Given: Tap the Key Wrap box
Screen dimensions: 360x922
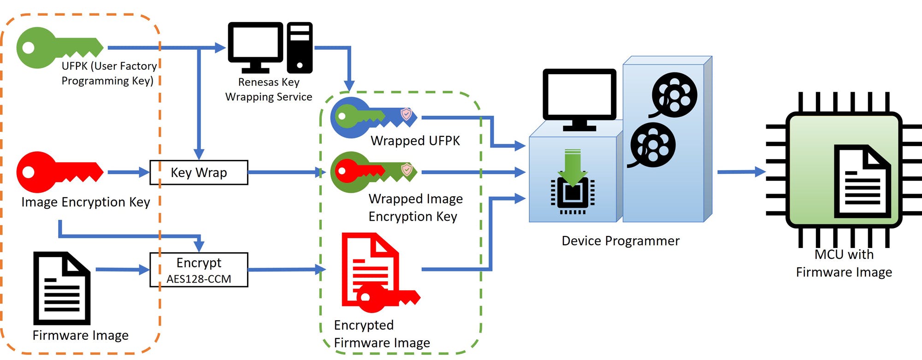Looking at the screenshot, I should (x=199, y=172).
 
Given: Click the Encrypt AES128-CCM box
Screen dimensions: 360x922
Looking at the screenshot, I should (x=199, y=270).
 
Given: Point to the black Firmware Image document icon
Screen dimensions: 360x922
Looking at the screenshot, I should (x=62, y=288).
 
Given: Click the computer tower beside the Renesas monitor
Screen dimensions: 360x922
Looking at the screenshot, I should (x=300, y=47).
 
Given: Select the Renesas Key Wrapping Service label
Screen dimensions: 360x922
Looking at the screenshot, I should (x=269, y=89).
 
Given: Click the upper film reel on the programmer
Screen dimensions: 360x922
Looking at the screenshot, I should (x=674, y=95).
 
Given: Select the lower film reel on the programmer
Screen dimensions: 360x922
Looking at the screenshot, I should (x=652, y=145).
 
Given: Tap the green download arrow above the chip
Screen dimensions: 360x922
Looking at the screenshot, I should (x=573, y=166).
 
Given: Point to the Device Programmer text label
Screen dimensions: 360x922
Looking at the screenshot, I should (x=621, y=241).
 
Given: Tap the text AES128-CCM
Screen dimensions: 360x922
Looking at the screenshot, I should (x=199, y=279).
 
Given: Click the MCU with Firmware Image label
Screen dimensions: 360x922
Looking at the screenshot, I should (x=844, y=263).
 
